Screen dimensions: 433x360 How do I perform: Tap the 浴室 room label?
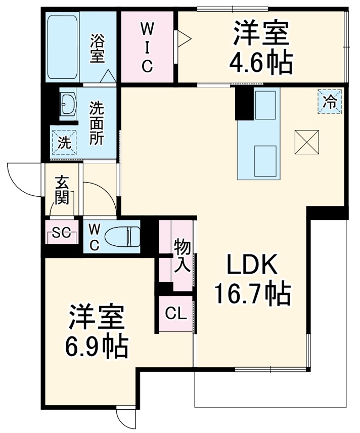pyautogui.click(x=97, y=49)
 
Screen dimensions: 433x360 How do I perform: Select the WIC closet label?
pyautogui.click(x=146, y=46)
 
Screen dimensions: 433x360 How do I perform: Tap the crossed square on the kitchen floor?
pyautogui.click(x=307, y=142)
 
